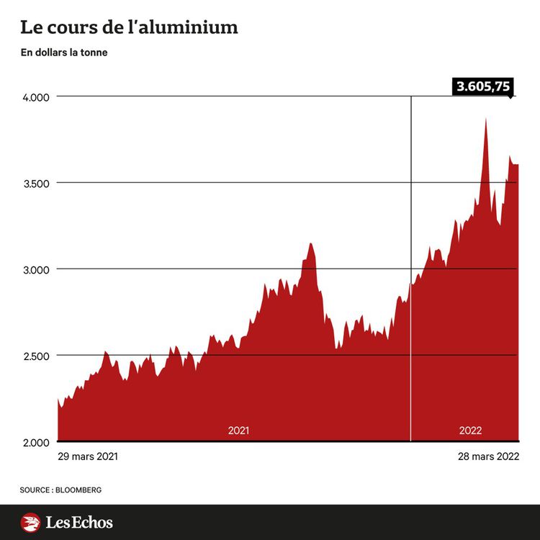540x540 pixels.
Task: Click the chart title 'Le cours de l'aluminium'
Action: click(x=129, y=28)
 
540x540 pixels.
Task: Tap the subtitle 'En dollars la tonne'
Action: click(x=64, y=53)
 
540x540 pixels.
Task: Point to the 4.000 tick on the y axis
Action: click(x=33, y=96)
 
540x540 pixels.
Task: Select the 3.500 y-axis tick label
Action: click(x=33, y=183)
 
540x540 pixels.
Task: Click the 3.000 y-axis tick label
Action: click(x=33, y=269)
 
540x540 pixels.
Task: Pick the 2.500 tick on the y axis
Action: click(x=33, y=356)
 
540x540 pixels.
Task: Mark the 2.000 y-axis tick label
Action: click(x=33, y=441)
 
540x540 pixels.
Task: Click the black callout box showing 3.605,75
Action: click(x=482, y=87)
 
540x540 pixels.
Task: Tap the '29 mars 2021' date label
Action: click(x=87, y=456)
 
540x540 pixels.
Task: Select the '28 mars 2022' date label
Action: click(x=489, y=456)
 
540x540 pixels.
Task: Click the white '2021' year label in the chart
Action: click(x=238, y=431)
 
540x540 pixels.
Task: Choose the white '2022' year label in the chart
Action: click(x=470, y=431)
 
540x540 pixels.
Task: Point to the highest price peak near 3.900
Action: click(x=486, y=120)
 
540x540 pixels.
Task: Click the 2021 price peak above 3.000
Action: click(x=310, y=245)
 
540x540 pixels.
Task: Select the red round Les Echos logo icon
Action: click(x=30, y=522)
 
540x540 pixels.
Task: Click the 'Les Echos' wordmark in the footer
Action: click(x=79, y=522)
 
